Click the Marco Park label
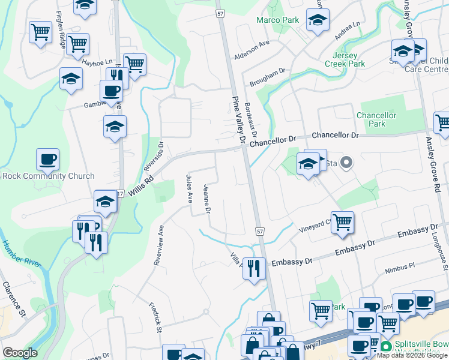pyautogui.click(x=277, y=20)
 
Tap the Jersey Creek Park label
pyautogui.click(x=345, y=59)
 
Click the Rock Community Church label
pyautogui.click(x=48, y=176)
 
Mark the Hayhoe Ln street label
pyautogui.click(x=98, y=62)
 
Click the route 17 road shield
pyautogui.click(x=120, y=194)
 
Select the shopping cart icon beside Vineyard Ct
pyautogui.click(x=342, y=223)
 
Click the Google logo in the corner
pyautogui.click(x=20, y=353)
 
